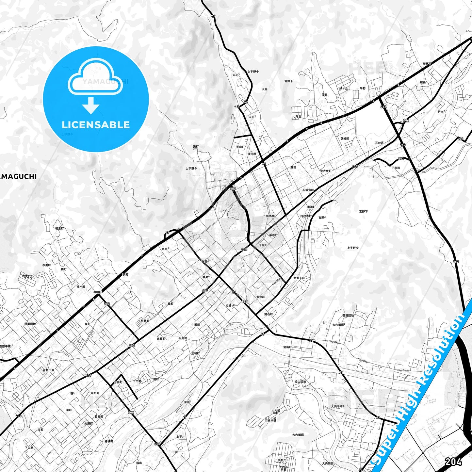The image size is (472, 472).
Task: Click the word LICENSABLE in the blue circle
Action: (x=96, y=125)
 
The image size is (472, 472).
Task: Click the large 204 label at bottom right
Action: (x=453, y=462)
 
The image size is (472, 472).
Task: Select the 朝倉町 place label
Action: (x=59, y=229)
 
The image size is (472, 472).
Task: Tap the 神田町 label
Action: (x=98, y=292)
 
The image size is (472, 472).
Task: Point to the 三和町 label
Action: (x=195, y=353)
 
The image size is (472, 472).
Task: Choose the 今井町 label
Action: (x=118, y=382)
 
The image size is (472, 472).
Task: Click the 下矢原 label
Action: (x=29, y=448)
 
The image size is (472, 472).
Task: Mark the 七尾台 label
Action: (x=297, y=116)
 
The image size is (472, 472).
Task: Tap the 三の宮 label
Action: (x=379, y=143)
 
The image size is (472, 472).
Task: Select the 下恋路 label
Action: (x=396, y=168)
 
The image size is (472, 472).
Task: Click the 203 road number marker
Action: (x=233, y=189)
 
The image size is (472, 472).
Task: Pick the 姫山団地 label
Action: (x=300, y=382)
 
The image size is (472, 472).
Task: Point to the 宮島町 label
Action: (x=287, y=347)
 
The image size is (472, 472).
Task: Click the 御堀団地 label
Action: (x=348, y=316)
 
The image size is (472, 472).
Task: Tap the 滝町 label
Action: (x=196, y=147)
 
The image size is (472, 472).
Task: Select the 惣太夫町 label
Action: (x=299, y=278)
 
